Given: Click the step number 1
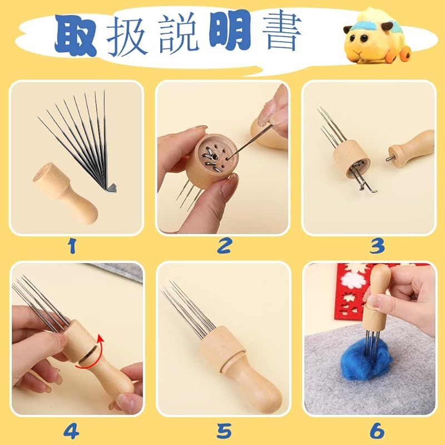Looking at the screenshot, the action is pos(72,245).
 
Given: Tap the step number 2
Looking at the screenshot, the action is pos(224,245).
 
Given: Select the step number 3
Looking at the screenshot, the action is pos(377,246).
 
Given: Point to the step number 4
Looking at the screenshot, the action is pos(71,431).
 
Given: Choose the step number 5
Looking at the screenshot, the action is pos(224,431).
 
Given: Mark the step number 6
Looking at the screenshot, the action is pos(377,431).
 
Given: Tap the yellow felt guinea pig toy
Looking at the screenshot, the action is pos(377,37).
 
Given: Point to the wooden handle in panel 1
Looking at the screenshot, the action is pos(65,194).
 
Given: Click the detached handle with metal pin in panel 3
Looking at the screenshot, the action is pos(410,150).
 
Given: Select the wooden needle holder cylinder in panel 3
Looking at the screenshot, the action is pos(352,159).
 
